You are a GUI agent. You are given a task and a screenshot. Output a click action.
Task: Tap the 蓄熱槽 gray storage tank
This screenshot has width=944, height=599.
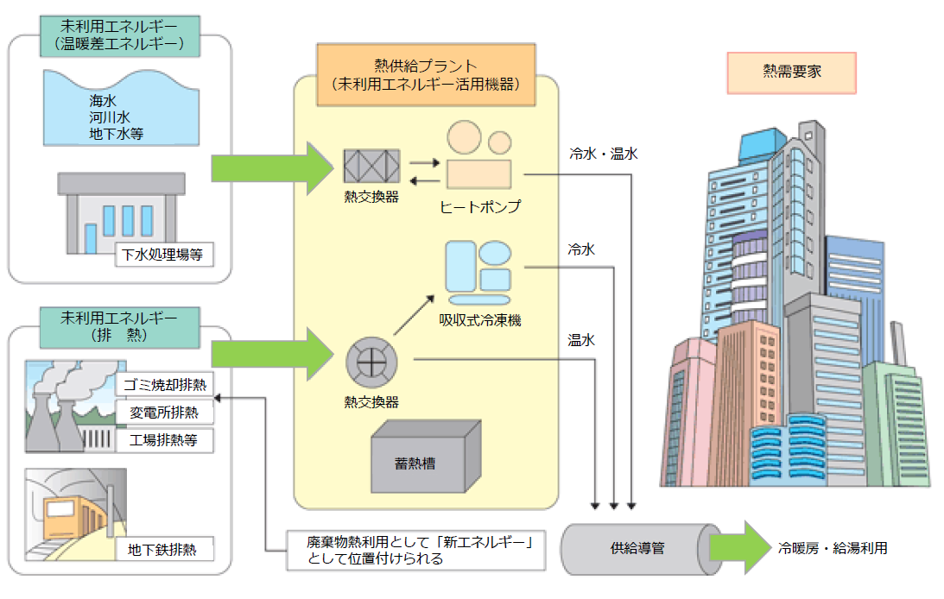(x=425, y=459)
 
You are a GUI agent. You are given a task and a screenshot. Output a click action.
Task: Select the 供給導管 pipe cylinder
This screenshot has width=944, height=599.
(x=643, y=548)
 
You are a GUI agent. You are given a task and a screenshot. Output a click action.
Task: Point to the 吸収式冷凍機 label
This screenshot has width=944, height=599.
(x=480, y=320)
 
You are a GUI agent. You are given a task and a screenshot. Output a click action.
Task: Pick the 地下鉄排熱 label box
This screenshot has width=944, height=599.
(x=164, y=549)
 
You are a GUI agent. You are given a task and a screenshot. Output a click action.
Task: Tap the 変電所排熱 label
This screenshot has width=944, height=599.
(x=164, y=412)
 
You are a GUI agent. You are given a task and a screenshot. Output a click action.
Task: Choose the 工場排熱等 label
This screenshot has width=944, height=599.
(x=164, y=439)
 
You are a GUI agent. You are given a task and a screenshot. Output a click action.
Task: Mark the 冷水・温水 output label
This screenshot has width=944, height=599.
(x=603, y=154)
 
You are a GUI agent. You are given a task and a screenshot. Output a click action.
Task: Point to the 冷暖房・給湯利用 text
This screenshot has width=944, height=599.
(x=832, y=548)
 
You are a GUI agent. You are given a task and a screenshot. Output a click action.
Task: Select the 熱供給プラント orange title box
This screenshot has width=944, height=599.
(x=425, y=74)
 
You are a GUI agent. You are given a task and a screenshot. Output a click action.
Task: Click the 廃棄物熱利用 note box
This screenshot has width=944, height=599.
(x=416, y=551)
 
